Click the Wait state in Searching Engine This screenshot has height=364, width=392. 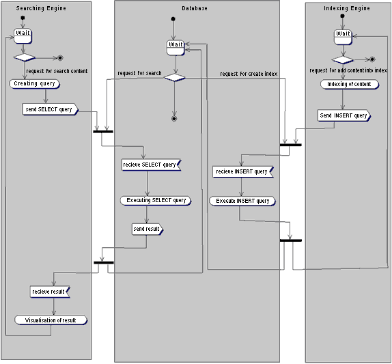click(23, 36)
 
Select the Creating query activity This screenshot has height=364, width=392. click(35, 84)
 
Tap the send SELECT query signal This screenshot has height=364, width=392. click(51, 109)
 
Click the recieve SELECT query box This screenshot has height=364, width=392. click(151, 165)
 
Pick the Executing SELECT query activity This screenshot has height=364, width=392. click(156, 201)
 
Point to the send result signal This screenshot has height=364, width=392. click(148, 229)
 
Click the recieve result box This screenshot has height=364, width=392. click(50, 292)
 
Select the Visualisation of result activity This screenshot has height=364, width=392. click(51, 320)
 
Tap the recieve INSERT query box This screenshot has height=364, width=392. click(243, 171)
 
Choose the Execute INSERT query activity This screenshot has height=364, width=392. click(242, 201)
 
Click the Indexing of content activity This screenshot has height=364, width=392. click(350, 84)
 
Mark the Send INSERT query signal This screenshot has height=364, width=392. click(344, 115)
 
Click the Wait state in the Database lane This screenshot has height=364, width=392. click(176, 48)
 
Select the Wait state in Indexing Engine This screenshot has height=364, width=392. click(343, 37)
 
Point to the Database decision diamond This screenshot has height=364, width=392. click(175, 77)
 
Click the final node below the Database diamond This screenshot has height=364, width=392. click(174, 119)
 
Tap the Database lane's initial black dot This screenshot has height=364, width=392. click(173, 18)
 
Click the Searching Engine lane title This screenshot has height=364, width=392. click(41, 8)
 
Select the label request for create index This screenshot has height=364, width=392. click(249, 74)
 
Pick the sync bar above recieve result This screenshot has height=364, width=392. click(104, 262)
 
